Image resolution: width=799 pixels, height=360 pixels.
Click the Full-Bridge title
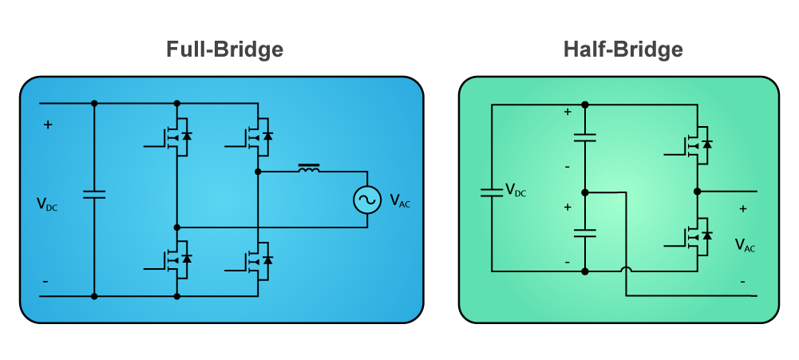point(225,49)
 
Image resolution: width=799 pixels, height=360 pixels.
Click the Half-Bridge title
point(623,49)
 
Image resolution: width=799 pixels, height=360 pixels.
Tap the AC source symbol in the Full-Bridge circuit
point(367,200)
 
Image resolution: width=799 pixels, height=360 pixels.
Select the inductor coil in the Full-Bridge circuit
point(309,168)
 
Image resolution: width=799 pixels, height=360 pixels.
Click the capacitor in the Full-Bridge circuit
point(93,194)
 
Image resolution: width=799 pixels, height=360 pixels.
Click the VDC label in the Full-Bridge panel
point(47,204)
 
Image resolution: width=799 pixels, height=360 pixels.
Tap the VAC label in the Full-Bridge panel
point(399,200)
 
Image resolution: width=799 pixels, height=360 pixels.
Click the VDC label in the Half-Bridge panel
point(515,190)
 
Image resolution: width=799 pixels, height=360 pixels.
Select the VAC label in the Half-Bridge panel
point(745,245)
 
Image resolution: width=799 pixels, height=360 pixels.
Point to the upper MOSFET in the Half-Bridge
point(694,144)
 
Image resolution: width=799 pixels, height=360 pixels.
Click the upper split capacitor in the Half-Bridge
point(585,136)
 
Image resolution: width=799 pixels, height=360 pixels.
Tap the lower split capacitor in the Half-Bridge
point(585,233)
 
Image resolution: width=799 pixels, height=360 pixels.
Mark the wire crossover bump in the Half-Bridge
point(626,267)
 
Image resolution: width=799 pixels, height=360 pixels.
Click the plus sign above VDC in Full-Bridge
point(48,125)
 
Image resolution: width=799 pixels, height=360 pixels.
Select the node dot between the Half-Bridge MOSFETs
point(698,192)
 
